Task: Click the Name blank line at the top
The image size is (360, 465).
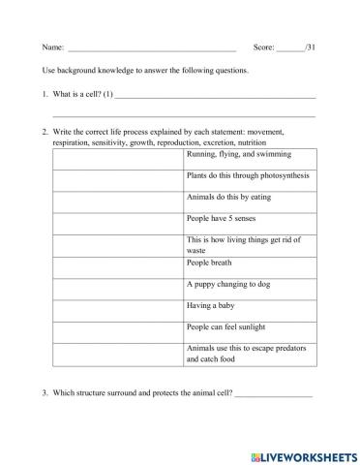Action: (152, 47)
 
